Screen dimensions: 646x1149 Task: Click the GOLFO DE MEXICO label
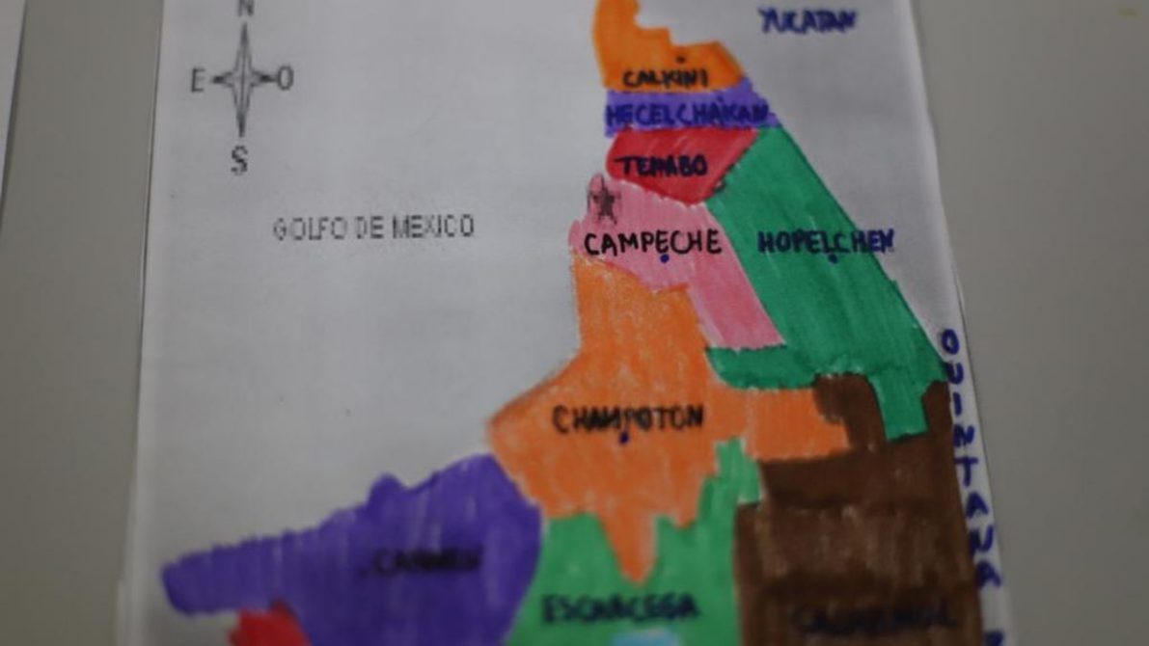tap(373, 228)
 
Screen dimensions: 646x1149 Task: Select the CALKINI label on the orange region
tap(666, 77)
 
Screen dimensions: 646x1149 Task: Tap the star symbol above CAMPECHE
tap(605, 202)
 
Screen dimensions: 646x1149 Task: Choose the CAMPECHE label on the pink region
tap(652, 242)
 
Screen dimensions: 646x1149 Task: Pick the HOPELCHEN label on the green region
tap(826, 241)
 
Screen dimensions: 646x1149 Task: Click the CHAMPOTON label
tap(628, 417)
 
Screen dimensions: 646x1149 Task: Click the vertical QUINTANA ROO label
tap(971, 463)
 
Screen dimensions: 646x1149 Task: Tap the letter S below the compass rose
tap(239, 159)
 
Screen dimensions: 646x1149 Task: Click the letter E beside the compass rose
tap(198, 81)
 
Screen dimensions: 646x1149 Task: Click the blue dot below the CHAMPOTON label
tap(624, 439)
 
